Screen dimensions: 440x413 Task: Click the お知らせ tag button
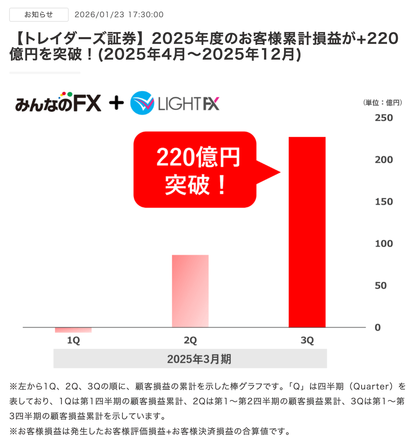39,15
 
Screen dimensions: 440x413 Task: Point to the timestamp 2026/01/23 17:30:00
119,15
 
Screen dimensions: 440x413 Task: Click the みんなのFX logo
58,103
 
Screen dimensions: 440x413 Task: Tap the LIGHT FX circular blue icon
142,103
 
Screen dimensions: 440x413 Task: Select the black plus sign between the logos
116,103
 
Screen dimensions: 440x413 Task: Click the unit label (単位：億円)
383,103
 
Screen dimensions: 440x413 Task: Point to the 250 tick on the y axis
384,118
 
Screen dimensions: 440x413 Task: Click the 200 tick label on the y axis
384,160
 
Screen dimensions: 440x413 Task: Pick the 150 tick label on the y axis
384,202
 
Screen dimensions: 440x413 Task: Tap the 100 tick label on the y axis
384,243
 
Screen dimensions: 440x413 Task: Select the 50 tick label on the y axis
381,286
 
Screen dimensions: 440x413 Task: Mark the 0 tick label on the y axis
378,327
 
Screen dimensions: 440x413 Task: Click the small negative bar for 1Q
73,330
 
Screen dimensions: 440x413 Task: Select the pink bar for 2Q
190,291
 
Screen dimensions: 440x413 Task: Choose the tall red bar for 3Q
307,232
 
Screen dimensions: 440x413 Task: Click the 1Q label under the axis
73,340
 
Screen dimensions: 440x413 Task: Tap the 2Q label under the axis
190,340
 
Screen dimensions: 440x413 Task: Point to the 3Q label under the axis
307,340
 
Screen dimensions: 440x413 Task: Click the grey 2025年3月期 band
190,359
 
